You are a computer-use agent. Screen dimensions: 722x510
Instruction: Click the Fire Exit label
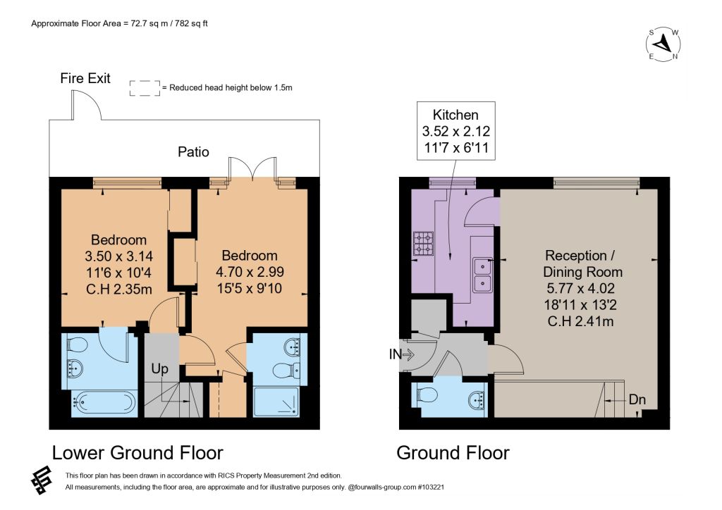(85, 78)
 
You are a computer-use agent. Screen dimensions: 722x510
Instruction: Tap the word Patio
(193, 151)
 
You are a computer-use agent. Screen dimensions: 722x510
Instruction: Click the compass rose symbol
(663, 44)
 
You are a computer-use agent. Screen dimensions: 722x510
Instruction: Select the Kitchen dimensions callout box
(456, 131)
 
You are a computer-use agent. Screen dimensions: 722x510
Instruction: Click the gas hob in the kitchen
(423, 244)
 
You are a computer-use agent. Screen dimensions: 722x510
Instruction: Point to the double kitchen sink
(482, 275)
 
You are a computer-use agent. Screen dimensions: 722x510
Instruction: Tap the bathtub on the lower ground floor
(104, 403)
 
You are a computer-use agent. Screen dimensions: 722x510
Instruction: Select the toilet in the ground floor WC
(427, 394)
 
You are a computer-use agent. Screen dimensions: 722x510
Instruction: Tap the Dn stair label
(637, 399)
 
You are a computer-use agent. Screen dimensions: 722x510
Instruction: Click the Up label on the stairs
(160, 369)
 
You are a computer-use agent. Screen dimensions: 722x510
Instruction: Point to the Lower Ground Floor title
(137, 453)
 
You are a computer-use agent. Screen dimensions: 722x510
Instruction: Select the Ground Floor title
(453, 453)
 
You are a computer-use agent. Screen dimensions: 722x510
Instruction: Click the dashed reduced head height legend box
(145, 88)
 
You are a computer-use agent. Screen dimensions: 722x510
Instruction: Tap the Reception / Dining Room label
(582, 263)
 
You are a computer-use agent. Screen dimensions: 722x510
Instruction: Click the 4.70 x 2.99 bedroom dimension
(250, 272)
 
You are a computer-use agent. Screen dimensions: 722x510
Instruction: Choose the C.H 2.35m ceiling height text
(118, 290)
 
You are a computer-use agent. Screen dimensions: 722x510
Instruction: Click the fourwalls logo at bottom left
(42, 480)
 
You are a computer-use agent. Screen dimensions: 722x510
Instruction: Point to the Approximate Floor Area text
(119, 23)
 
